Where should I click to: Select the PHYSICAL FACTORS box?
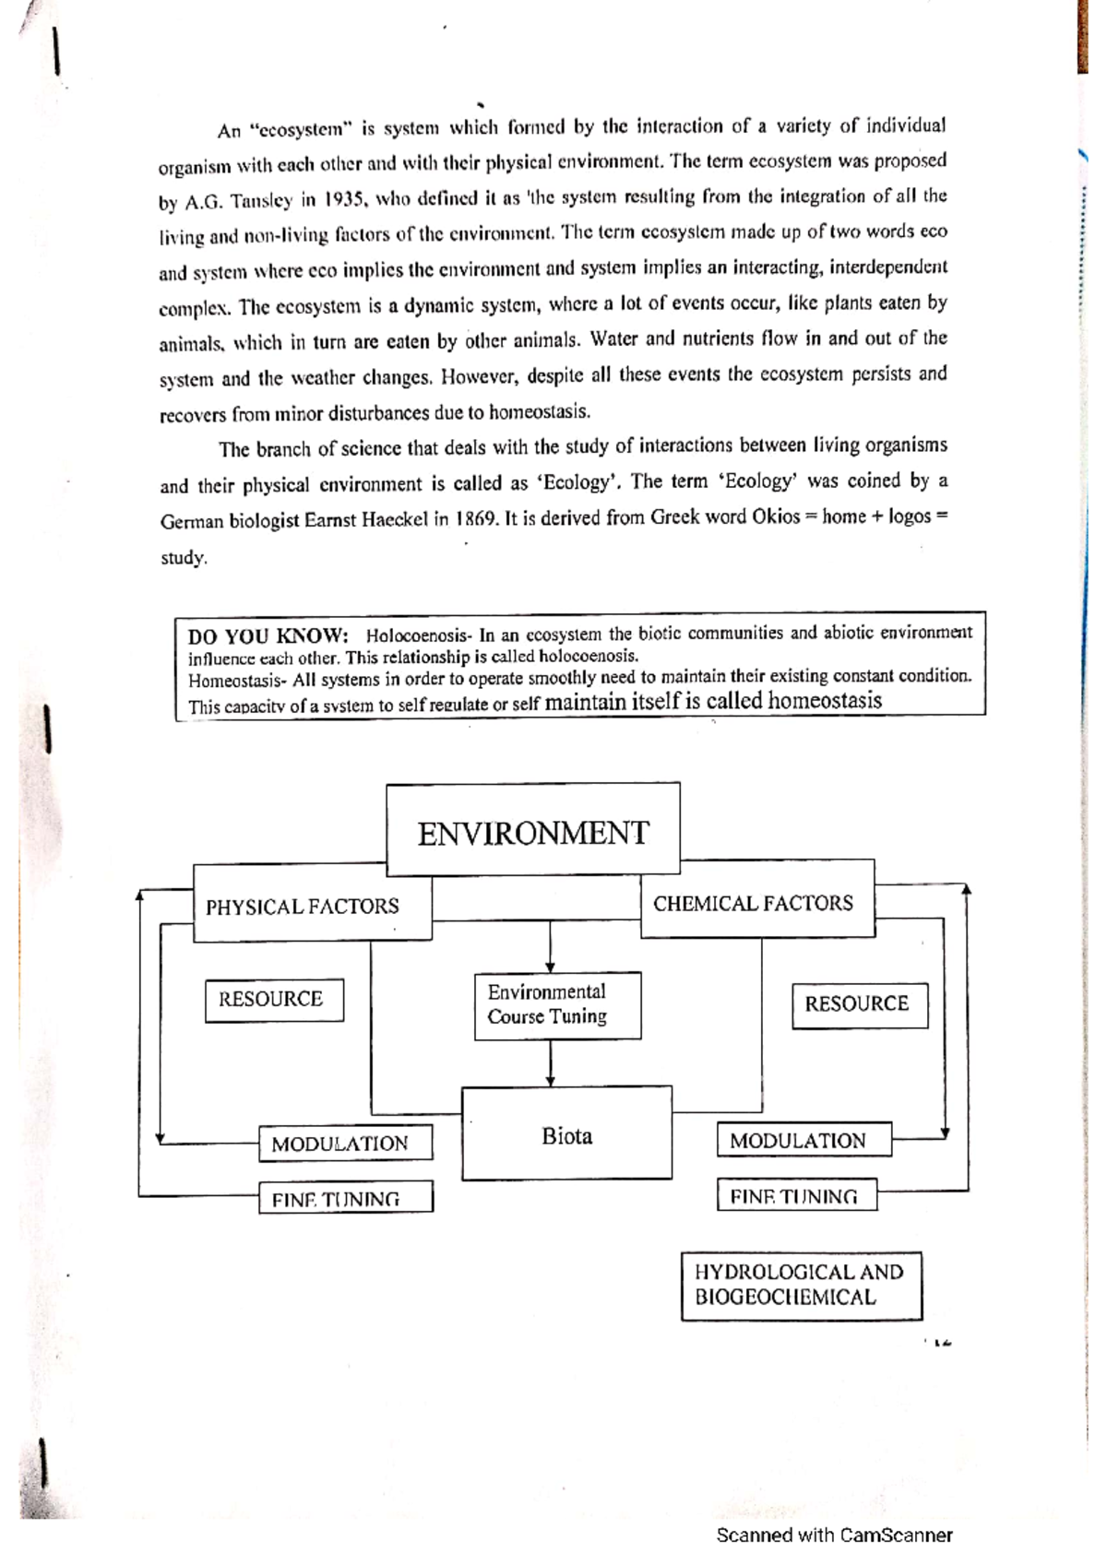[303, 906]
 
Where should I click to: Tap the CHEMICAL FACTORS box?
[754, 903]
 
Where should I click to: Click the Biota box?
[566, 1134]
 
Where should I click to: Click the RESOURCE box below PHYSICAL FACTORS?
[273, 1000]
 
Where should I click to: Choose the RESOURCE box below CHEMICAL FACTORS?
[858, 1004]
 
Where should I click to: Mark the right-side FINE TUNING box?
[796, 1196]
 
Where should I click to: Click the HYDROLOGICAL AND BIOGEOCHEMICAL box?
[800, 1285]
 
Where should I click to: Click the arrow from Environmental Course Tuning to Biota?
[550, 1064]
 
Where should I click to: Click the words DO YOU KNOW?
[268, 636]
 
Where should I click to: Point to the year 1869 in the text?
[477, 518]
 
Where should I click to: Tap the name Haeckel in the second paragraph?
[393, 519]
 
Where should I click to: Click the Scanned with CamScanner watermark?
[834, 1536]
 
